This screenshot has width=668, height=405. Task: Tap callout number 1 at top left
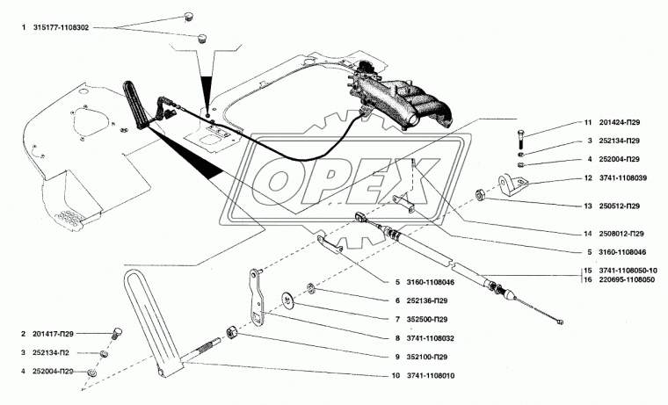(x=25, y=28)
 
